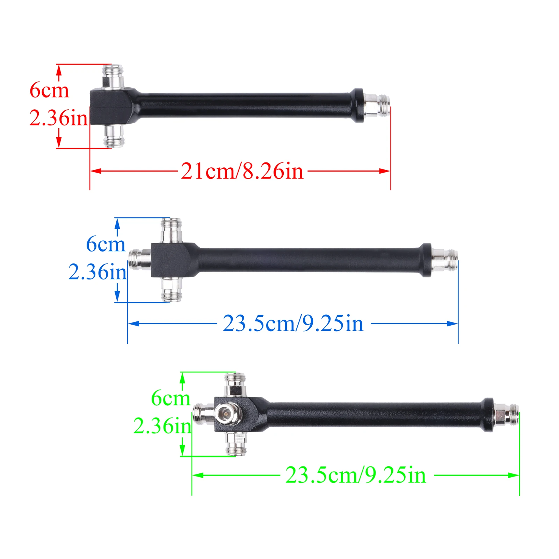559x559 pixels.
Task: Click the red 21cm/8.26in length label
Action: point(242,171)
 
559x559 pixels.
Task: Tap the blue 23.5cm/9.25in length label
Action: point(293,323)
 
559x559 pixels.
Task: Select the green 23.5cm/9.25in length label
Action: point(356,475)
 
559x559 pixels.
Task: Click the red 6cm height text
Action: point(49,90)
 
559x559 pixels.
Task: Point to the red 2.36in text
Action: point(58,118)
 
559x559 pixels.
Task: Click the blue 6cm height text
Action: point(106,244)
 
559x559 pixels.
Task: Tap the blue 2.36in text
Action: point(97,271)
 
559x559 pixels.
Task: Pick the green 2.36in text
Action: point(162,426)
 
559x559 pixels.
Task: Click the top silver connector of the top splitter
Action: point(113,76)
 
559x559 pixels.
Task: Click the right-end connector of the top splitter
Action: point(377,105)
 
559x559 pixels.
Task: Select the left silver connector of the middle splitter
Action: point(139,259)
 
